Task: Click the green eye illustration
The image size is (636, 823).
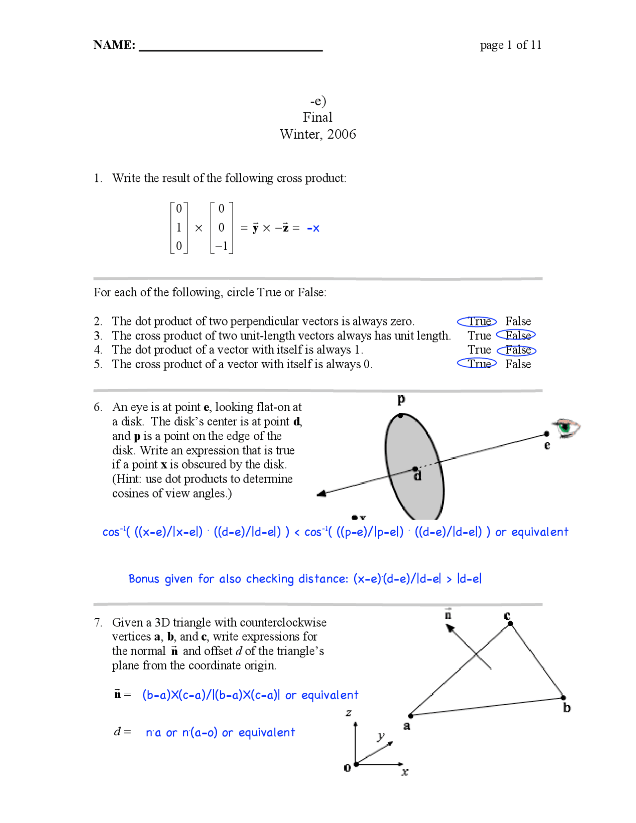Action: click(567, 427)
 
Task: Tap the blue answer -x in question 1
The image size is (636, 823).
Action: click(313, 228)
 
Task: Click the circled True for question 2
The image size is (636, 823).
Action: click(477, 322)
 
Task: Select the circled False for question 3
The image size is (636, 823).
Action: click(517, 335)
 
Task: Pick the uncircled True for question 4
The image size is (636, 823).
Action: click(479, 350)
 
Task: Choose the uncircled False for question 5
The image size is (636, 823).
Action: click(518, 364)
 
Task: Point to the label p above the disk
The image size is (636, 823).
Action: click(401, 399)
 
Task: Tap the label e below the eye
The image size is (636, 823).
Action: click(547, 445)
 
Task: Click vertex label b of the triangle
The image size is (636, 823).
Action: click(567, 708)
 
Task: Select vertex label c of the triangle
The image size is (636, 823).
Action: click(507, 616)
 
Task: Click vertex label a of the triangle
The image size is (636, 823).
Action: click(407, 726)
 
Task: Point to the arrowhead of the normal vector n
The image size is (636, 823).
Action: click(450, 628)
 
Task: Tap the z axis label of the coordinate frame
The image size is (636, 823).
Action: click(348, 713)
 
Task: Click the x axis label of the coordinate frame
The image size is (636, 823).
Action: click(405, 772)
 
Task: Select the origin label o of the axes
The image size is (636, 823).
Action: click(347, 768)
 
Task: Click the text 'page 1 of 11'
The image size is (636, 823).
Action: click(510, 45)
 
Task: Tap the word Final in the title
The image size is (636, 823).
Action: click(318, 117)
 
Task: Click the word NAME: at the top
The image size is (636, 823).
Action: click(114, 45)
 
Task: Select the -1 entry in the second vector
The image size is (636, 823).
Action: click(221, 246)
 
